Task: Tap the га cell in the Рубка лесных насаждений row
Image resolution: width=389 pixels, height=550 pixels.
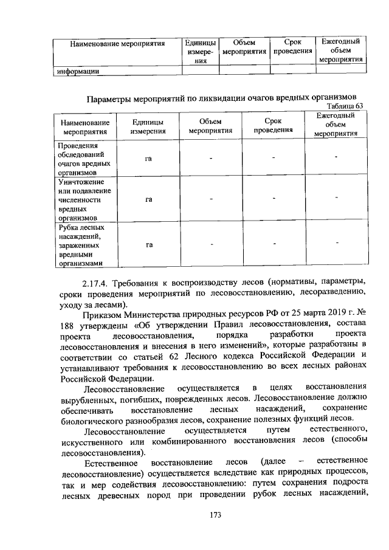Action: (148, 245)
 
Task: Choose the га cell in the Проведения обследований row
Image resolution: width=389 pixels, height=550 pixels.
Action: (148, 159)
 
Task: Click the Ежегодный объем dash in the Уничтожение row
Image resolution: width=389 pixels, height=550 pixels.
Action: (336, 198)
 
